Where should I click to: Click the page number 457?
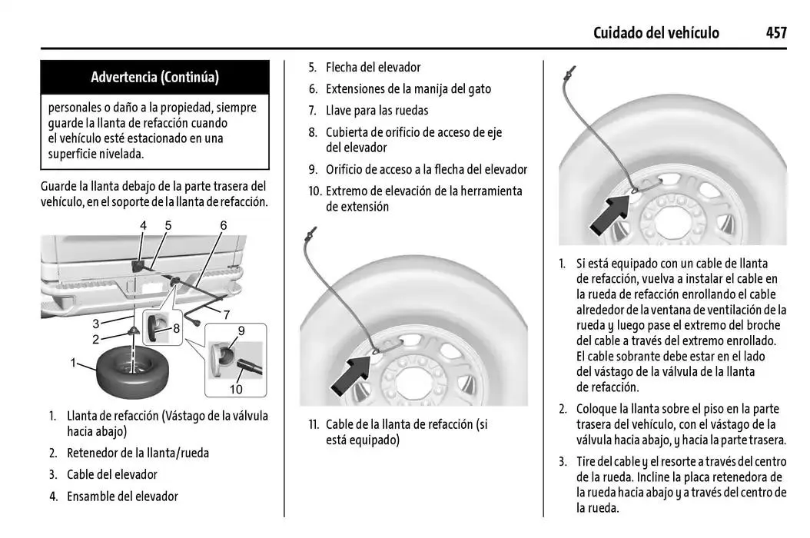(775, 32)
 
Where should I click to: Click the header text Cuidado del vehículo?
(656, 32)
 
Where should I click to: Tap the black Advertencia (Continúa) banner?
(154, 77)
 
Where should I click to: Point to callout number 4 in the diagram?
(143, 225)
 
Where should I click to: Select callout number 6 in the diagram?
(224, 225)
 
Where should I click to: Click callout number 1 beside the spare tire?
(74, 362)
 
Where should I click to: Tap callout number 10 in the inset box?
(236, 390)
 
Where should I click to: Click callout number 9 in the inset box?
(241, 330)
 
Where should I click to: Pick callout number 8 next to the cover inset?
(176, 328)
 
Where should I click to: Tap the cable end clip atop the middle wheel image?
(310, 230)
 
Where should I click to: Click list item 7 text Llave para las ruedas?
(377, 111)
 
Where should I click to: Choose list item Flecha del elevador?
(373, 68)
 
